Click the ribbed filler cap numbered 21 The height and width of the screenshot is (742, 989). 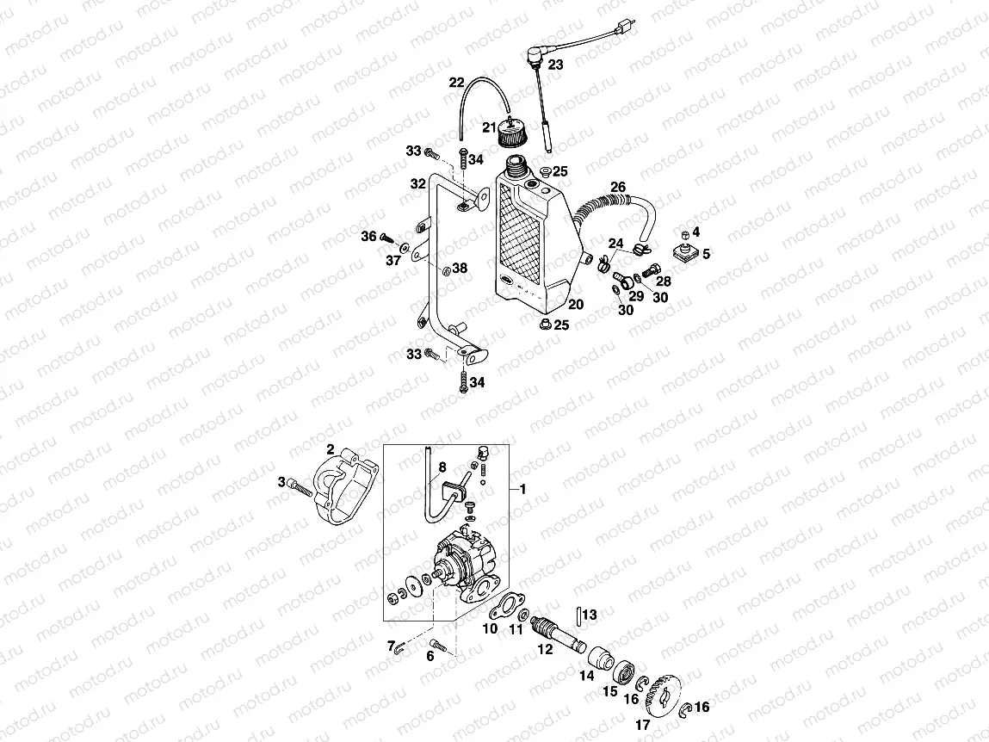514,137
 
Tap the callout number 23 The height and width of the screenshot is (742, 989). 555,65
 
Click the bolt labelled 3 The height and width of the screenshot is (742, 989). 298,487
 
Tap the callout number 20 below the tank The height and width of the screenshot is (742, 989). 576,304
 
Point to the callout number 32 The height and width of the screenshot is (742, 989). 417,183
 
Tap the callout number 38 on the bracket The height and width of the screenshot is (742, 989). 460,269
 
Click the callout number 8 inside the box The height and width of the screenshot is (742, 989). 442,468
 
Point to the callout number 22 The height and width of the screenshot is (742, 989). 456,83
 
